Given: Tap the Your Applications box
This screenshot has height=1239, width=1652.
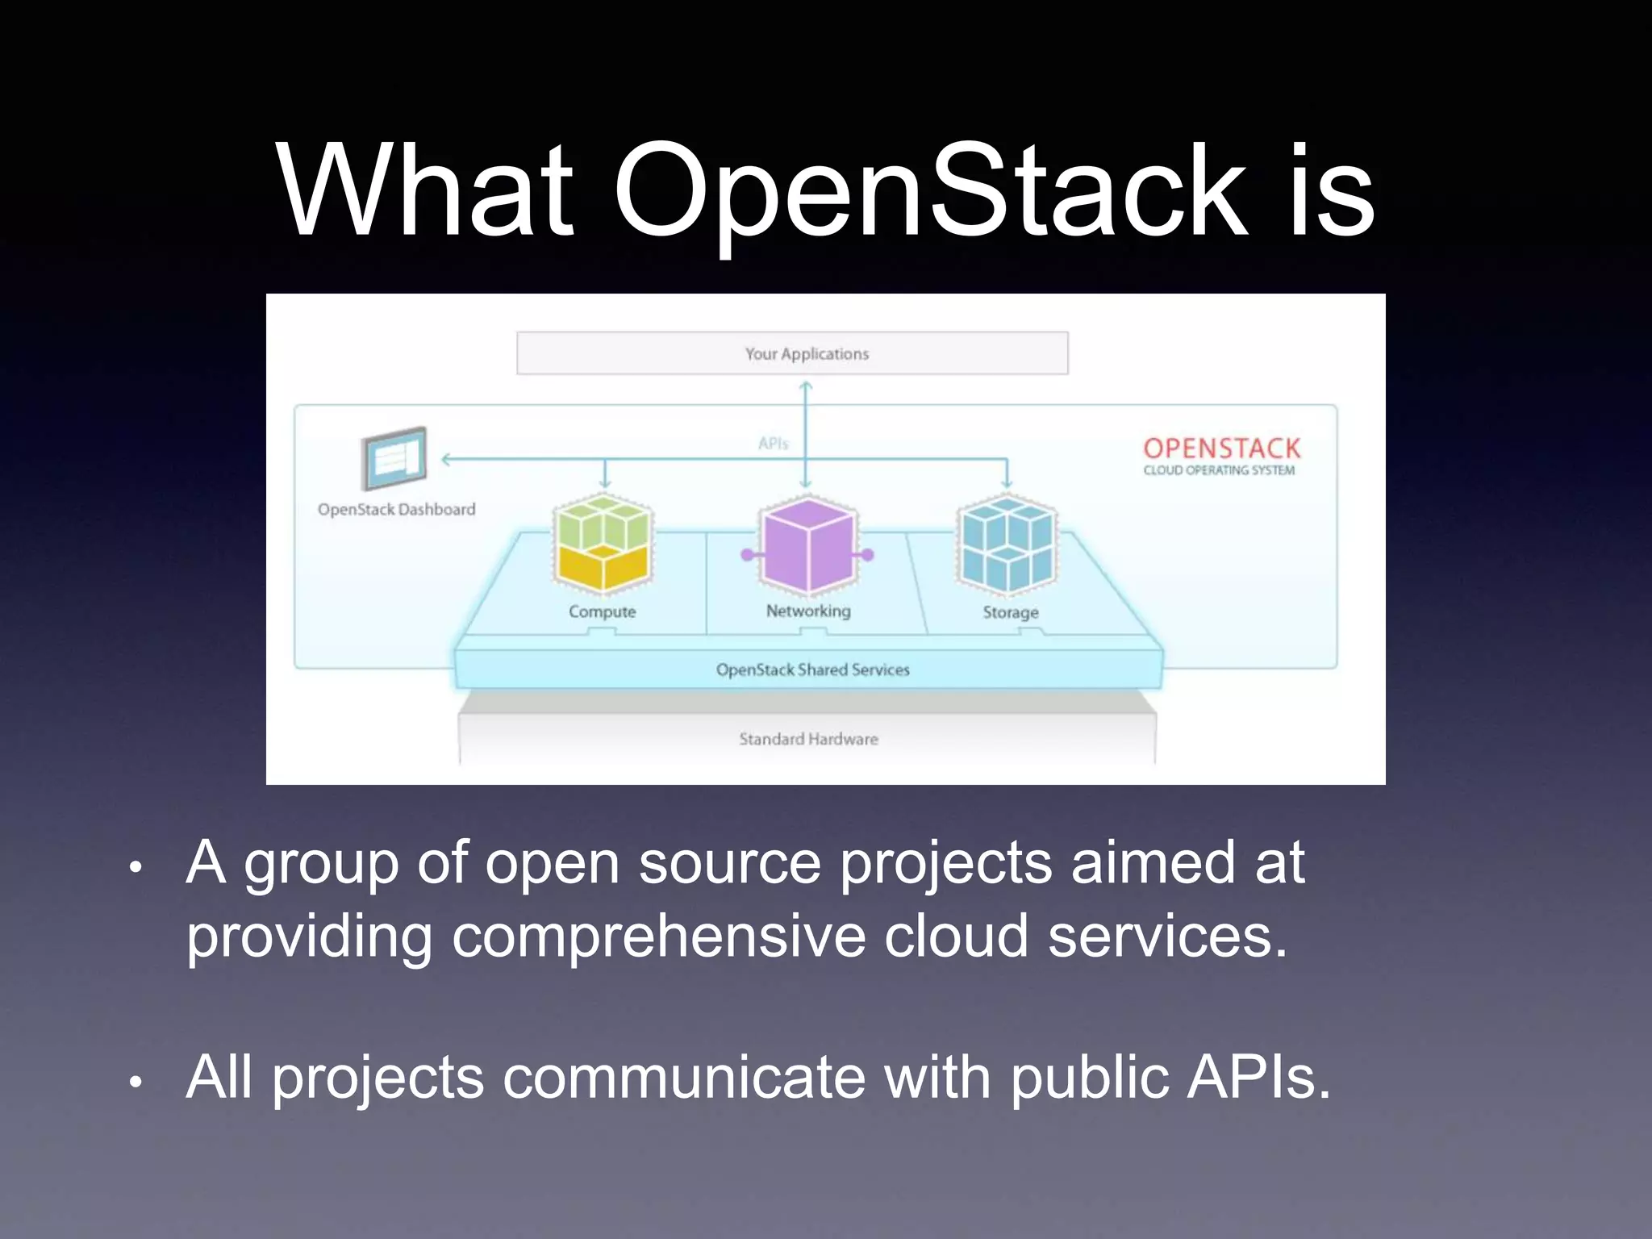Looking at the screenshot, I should pos(792,353).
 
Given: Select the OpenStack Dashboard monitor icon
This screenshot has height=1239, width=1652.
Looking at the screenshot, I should pos(394,458).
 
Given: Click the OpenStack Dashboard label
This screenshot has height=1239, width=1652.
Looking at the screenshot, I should pos(396,510).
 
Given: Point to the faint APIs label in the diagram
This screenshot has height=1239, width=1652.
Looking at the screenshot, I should pos(773,444).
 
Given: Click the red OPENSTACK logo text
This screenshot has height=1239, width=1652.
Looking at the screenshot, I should pos(1221,448).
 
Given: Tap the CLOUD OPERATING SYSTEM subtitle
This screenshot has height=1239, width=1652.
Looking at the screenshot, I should pos(1218,470).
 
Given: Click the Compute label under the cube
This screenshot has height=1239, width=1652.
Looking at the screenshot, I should pos(602,611).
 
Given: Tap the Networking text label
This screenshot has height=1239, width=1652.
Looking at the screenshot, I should pos(808,611).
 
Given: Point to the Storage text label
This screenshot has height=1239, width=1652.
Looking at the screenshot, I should pos(1010,612).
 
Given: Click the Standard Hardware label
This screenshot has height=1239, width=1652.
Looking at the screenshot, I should pos(808,739).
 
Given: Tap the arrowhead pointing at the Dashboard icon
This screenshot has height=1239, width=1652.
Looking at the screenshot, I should pos(447,459).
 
